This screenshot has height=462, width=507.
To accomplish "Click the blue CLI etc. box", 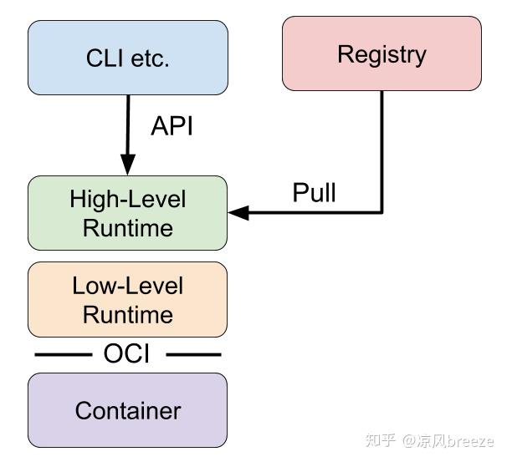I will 127,58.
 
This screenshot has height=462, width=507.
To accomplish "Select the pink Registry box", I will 382,53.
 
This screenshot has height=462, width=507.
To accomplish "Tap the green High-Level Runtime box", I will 127,213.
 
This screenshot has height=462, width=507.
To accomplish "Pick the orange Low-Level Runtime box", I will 127,299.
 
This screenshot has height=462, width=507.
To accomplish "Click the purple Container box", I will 127,410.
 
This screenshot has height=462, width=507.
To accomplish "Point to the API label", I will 172,126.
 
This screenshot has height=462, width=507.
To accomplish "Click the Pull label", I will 314,193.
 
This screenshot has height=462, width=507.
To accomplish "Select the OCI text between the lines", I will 126,354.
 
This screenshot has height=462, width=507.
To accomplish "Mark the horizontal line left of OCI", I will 63,355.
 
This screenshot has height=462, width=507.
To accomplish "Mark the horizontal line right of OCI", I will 193,355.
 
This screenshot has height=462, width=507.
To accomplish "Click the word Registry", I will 382,54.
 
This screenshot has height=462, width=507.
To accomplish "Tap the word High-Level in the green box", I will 127,200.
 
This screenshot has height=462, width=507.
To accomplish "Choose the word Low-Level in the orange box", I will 127,286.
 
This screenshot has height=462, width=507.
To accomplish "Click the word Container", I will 127,411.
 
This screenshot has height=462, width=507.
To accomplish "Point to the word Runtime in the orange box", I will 127,314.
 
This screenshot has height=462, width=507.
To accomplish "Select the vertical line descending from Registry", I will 382,150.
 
